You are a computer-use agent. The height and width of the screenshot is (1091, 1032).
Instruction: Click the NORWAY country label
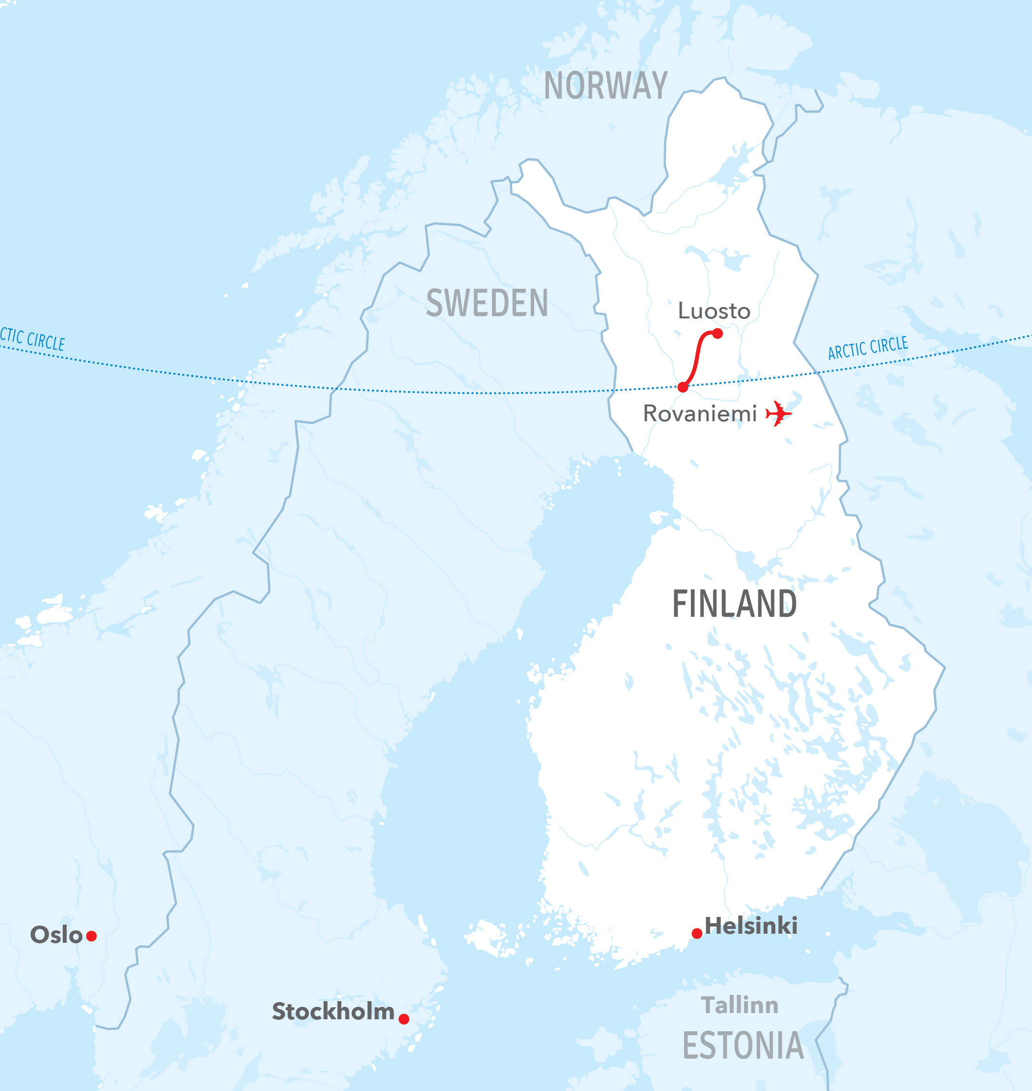click(606, 86)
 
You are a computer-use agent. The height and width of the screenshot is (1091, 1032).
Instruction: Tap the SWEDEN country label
click(487, 303)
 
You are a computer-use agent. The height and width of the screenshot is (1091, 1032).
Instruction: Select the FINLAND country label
click(734, 604)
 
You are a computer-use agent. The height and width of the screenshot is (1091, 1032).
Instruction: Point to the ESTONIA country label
click(742, 1046)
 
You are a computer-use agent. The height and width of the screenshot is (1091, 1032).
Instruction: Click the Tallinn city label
click(740, 1005)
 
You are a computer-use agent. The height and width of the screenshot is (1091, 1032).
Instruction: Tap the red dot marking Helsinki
click(697, 933)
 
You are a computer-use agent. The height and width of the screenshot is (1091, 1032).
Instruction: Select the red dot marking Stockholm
click(404, 1019)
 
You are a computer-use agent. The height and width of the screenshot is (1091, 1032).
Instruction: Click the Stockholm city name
click(333, 1011)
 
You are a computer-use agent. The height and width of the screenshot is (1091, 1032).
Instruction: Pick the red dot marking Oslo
click(92, 936)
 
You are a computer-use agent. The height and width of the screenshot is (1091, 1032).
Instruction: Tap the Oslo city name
click(56, 935)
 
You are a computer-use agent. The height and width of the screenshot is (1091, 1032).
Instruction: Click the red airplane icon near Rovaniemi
click(779, 414)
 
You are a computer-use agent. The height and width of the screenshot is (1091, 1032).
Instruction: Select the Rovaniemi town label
click(700, 414)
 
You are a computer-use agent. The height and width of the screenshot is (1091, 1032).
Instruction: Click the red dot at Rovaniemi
click(683, 388)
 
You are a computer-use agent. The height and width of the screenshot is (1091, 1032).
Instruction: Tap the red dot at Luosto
click(717, 334)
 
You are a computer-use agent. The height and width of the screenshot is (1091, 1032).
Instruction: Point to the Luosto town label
click(714, 311)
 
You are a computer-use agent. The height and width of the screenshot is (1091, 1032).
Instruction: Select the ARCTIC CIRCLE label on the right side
click(868, 348)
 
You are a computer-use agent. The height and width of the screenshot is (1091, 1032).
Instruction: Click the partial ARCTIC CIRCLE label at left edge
click(32, 339)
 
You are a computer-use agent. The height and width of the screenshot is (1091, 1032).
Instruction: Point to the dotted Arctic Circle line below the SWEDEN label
click(487, 393)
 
